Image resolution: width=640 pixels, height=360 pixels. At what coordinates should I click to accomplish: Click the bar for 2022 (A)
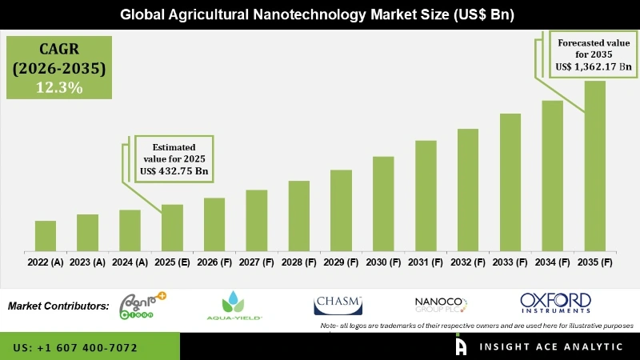(46, 234)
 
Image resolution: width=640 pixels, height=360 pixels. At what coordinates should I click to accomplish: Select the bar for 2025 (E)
(172, 226)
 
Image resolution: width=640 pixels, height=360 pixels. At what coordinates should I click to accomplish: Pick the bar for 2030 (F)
(383, 202)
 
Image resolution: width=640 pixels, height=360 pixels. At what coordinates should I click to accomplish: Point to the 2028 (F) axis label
(299, 262)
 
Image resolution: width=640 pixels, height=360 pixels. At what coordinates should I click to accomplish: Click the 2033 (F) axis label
(510, 262)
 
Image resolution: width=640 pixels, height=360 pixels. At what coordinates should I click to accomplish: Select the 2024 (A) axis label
(130, 262)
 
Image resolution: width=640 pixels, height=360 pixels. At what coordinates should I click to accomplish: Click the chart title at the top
(320, 14)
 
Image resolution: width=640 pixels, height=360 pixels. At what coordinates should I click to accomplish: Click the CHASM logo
(338, 305)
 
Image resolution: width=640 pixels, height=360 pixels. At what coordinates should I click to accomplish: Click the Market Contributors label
(58, 306)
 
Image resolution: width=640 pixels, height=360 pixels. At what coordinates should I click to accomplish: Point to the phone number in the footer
(75, 348)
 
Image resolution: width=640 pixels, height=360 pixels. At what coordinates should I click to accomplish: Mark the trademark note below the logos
(476, 326)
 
